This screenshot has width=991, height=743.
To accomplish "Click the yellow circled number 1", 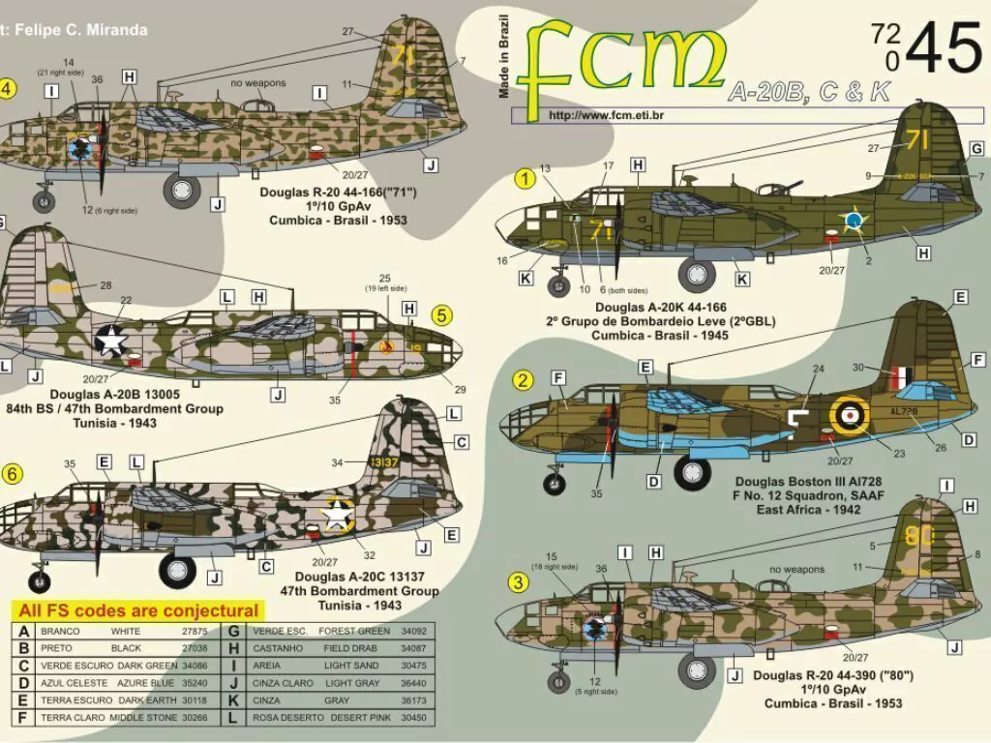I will pos(525,178).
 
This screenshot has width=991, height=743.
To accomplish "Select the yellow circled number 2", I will pos(524,380).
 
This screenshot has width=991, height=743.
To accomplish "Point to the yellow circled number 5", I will pos(440,315).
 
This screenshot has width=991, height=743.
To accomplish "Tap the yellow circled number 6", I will pos(12,473).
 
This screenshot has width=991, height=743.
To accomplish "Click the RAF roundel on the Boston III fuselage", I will pos(848,414).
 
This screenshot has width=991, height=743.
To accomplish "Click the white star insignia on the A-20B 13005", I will pos(112,340).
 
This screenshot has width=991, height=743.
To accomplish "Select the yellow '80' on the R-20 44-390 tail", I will pos(917,536).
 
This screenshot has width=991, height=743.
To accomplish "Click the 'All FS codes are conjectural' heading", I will pos(139,610).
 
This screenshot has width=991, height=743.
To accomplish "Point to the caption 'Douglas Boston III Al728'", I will pos(806,481).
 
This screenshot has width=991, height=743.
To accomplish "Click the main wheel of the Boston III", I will pos(693,471).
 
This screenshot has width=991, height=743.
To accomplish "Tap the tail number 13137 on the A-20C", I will pos(384,462).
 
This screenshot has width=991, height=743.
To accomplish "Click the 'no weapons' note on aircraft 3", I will pos(797,570).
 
